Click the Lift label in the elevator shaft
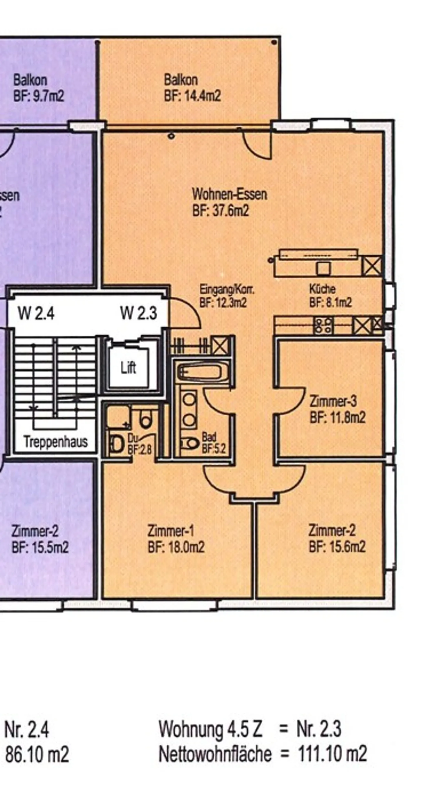tap(128, 368)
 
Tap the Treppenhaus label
tap(56, 442)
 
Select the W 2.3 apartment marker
tap(139, 313)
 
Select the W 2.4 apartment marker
tap(36, 313)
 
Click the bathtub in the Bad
tap(200, 372)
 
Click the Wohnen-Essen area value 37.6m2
tap(221, 211)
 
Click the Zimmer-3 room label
tap(333, 402)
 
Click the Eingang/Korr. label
tap(227, 289)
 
